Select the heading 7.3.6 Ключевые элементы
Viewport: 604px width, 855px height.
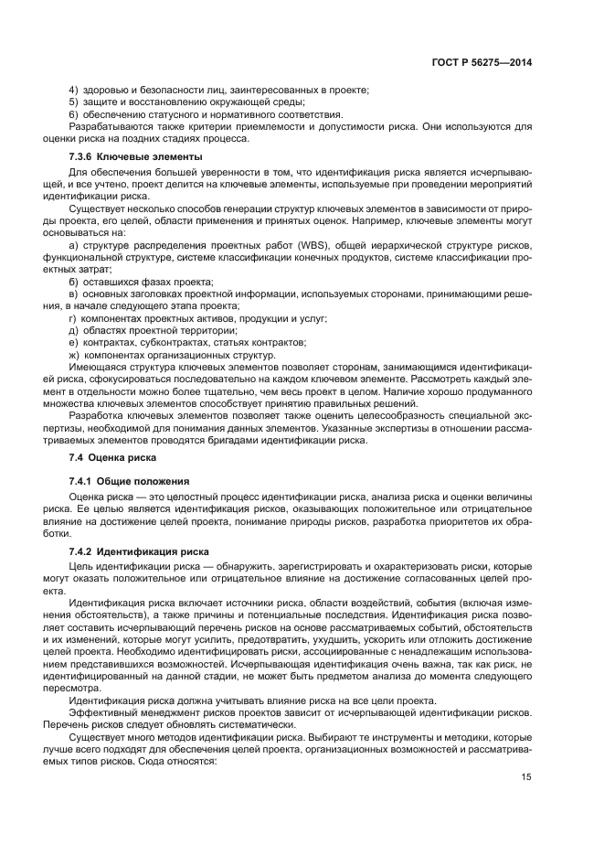(130, 157)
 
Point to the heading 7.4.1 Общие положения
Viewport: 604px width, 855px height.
(129, 481)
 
